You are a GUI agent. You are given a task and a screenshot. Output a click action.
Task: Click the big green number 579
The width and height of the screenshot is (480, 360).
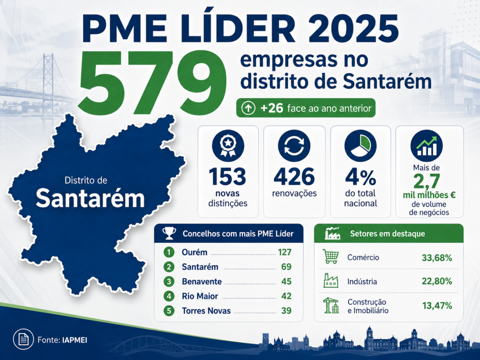point(152,82)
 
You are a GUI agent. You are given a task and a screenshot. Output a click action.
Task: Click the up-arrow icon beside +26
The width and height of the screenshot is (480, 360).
point(248,108)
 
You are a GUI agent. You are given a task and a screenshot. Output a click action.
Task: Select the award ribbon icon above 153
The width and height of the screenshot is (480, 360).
point(228,146)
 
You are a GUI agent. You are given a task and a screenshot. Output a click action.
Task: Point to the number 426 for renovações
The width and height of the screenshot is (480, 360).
point(294,177)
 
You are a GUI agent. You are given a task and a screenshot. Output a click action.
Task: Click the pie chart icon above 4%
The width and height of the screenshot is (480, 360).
point(360,146)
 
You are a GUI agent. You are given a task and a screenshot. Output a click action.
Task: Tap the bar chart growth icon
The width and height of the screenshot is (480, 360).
point(426,146)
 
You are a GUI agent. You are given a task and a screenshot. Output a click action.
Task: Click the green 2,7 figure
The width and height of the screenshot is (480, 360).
point(426,182)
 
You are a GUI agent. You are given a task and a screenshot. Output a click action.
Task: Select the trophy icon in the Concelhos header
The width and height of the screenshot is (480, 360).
point(169,233)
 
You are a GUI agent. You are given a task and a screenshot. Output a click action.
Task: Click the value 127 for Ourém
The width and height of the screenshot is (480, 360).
point(285,252)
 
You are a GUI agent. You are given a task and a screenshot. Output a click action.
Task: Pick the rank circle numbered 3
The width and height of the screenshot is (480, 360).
point(169,281)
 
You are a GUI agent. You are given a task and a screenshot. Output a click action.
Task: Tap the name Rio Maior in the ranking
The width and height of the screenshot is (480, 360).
point(200,296)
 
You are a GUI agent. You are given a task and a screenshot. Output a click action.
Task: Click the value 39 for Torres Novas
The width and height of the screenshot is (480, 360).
point(286,311)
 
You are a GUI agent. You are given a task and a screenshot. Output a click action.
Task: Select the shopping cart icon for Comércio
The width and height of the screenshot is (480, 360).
point(331,256)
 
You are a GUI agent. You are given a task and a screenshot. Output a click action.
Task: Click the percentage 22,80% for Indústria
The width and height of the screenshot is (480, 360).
point(437,281)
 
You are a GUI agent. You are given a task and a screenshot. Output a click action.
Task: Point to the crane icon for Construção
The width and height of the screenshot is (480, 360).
point(331,305)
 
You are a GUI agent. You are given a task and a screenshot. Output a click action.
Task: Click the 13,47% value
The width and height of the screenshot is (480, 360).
point(437,305)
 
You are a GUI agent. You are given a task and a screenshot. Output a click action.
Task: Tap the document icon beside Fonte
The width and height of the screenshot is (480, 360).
point(24,339)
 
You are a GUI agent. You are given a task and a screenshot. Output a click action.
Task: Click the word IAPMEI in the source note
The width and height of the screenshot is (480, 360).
point(74,340)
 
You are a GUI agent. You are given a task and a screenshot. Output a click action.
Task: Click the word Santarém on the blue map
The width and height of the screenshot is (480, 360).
point(90,199)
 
